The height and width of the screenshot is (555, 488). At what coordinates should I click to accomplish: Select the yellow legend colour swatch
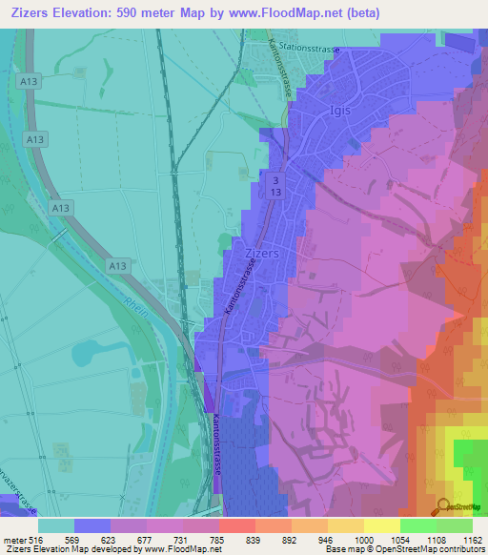pos(382,525)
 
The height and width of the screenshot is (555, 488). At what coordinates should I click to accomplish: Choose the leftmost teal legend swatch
pos(56,525)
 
